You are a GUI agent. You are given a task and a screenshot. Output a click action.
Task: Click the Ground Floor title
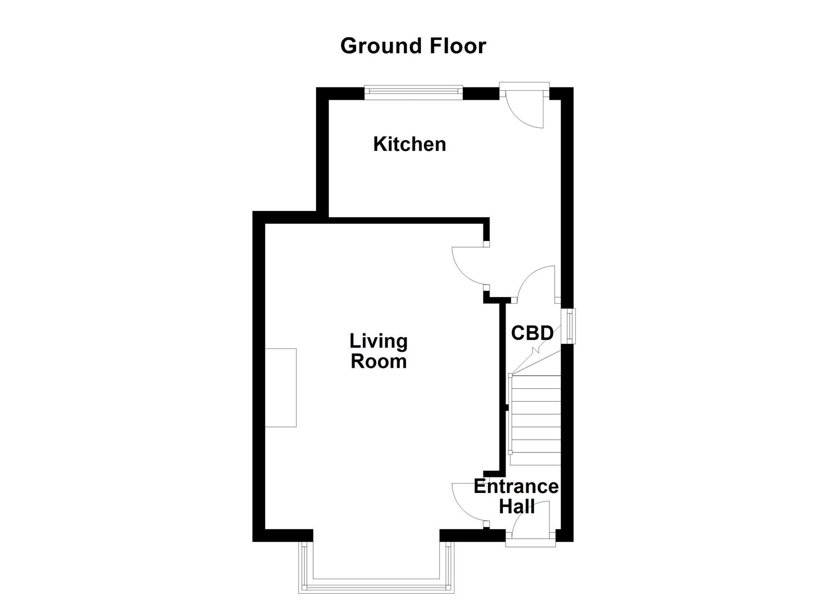click(413, 46)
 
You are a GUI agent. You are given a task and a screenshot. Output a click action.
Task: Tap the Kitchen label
click(409, 144)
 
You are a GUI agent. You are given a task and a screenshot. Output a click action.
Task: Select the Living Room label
click(378, 351)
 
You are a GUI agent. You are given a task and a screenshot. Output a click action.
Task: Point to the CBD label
click(532, 333)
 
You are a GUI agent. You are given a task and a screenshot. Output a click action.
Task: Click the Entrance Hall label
click(516, 496)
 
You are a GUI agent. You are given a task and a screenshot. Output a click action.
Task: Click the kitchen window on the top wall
click(413, 92)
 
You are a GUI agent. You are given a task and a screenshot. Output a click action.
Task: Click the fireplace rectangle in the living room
click(280, 387)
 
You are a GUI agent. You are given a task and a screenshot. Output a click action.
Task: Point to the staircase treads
click(535, 420)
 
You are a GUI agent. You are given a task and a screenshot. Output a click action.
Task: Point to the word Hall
click(517, 507)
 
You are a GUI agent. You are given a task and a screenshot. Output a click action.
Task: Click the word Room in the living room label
click(378, 362)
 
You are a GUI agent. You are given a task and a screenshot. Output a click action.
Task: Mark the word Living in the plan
click(378, 341)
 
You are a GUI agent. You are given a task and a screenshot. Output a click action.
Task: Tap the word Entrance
click(516, 486)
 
